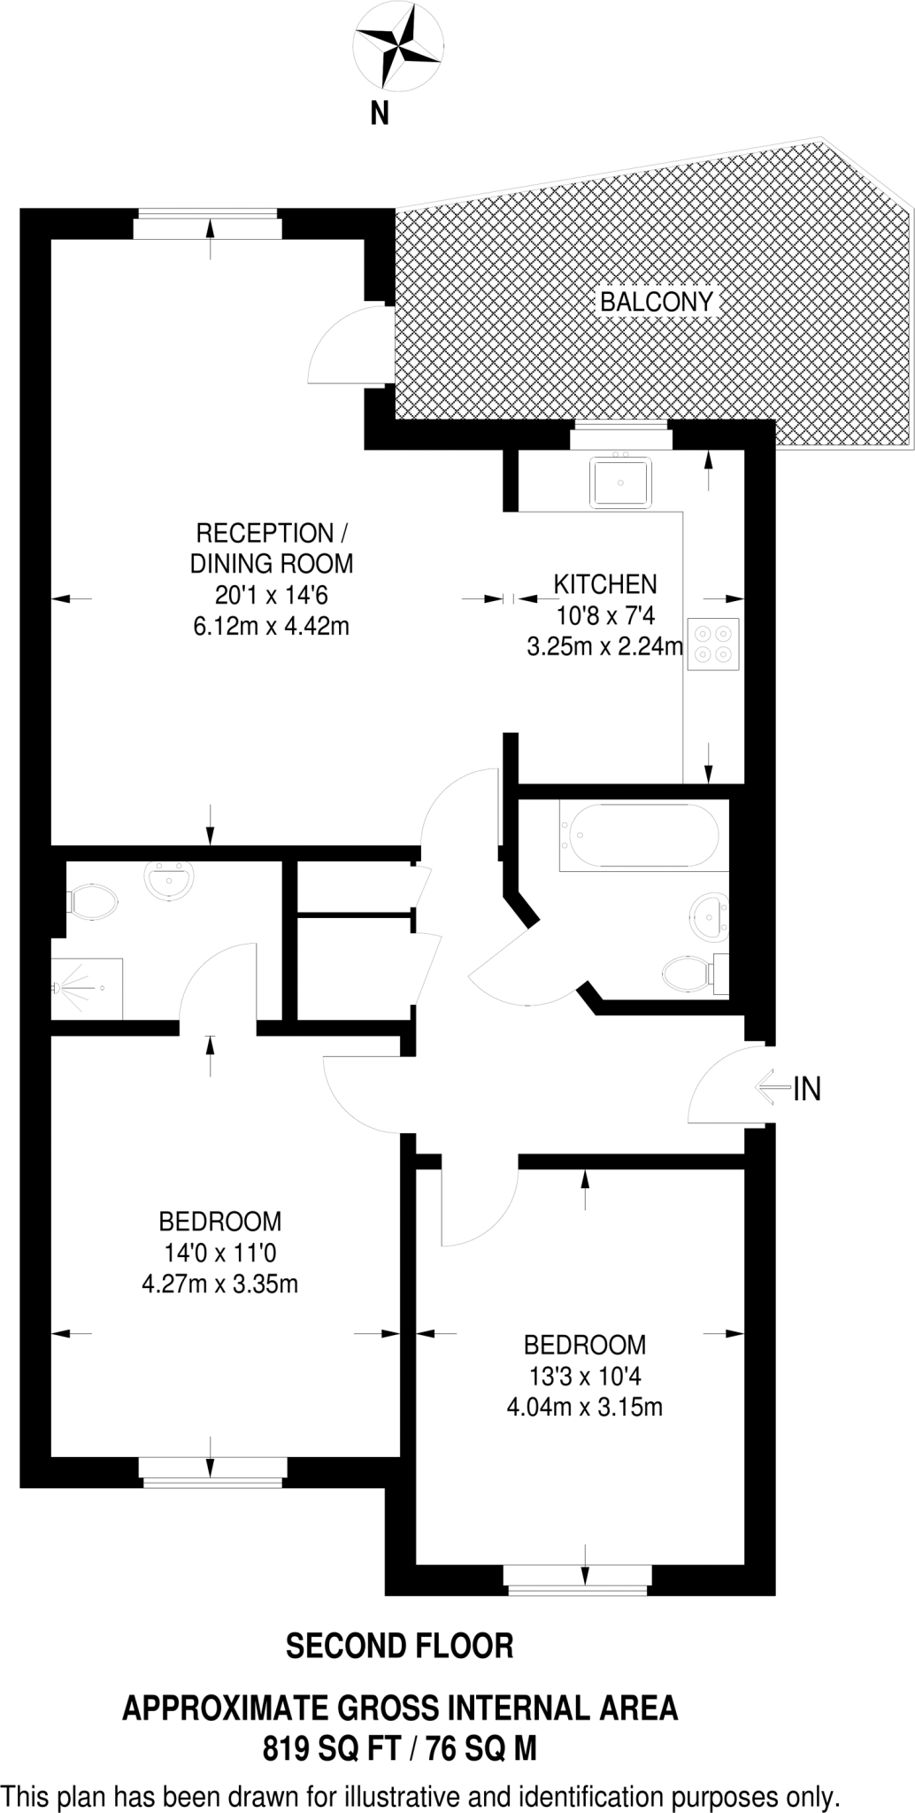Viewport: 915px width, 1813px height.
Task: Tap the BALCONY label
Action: pyautogui.click(x=656, y=302)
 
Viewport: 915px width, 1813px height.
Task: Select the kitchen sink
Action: pyautogui.click(x=620, y=482)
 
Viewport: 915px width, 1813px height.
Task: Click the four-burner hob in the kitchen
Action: pyautogui.click(x=714, y=644)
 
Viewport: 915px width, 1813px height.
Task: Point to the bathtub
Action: pyautogui.click(x=643, y=835)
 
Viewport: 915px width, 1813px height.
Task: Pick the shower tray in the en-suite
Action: pyautogui.click(x=87, y=988)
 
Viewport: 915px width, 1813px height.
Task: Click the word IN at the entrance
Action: pyautogui.click(x=807, y=1089)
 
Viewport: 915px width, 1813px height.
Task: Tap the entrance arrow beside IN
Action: pyautogui.click(x=771, y=1088)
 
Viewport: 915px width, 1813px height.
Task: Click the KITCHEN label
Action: pyautogui.click(x=605, y=584)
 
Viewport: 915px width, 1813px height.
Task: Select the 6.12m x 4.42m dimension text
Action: pyautogui.click(x=271, y=627)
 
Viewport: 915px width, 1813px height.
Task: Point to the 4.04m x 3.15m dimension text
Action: pyautogui.click(x=584, y=1407)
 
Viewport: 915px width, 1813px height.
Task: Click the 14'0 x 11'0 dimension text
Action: pyautogui.click(x=219, y=1253)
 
